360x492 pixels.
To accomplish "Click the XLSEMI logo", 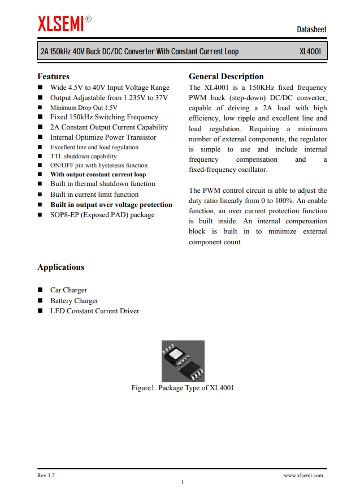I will pos(60,24).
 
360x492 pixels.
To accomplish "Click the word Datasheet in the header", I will pos(311,29).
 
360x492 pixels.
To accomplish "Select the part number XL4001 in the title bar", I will pos(310,52).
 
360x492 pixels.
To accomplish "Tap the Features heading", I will pos(53,76).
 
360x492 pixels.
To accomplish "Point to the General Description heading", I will pos(226,76).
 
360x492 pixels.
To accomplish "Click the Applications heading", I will pos(60,267).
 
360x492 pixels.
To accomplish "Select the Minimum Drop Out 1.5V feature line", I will pos(84,107).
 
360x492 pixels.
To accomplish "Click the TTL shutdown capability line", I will pos(83,156).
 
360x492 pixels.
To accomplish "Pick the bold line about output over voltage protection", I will pos(111,205).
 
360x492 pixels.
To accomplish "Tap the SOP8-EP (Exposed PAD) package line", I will pos(102,215).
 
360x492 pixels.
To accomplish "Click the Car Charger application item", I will pos(68,290).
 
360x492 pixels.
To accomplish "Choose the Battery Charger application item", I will pos(74,301).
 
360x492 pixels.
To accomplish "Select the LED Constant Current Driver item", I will pos(94,311).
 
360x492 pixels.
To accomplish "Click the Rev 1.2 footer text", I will pos(46,476).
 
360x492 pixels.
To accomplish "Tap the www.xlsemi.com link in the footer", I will pos(303,476).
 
